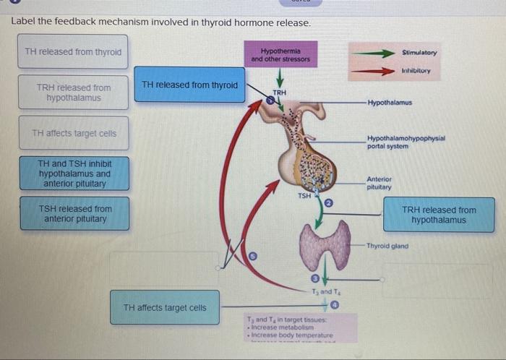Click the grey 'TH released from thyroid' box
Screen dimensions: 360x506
pyautogui.click(x=73, y=52)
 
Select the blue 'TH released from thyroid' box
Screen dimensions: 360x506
pyautogui.click(x=189, y=85)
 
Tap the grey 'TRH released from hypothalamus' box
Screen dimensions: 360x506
pyautogui.click(x=73, y=93)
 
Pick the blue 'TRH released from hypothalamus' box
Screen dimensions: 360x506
pyautogui.click(x=439, y=215)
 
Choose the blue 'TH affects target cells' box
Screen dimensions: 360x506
pyautogui.click(x=165, y=308)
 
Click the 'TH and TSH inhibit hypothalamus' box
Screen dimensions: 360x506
pyautogui.click(x=74, y=173)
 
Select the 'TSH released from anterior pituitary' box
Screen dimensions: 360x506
pyautogui.click(x=74, y=214)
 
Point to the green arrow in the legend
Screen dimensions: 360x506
pyautogui.click(x=373, y=53)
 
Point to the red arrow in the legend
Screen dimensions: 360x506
pyautogui.click(x=373, y=71)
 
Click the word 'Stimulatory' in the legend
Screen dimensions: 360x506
pyautogui.click(x=419, y=53)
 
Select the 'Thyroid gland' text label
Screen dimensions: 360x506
pyautogui.click(x=387, y=246)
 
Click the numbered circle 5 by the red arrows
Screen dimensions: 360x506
pyautogui.click(x=253, y=255)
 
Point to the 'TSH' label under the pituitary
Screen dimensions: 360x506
pyautogui.click(x=304, y=195)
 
